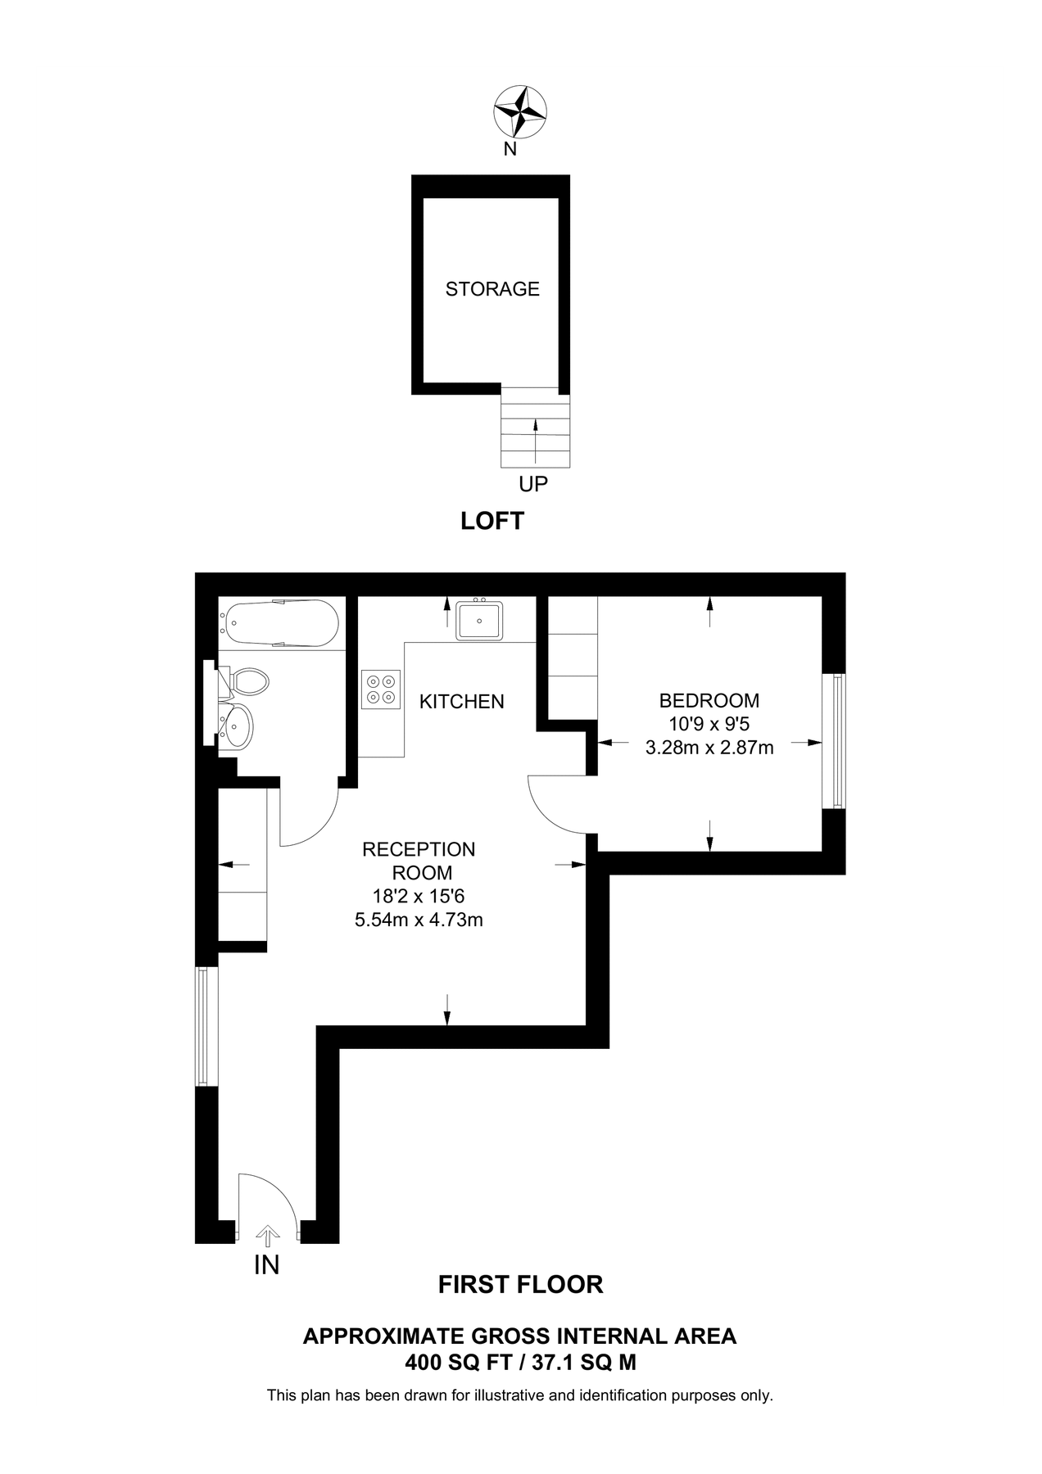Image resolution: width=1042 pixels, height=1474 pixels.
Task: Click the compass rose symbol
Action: [520, 111]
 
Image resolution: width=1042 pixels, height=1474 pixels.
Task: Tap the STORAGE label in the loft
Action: [492, 289]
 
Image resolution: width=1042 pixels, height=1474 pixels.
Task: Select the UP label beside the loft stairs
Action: [533, 484]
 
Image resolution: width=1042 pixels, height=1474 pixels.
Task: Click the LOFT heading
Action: [492, 521]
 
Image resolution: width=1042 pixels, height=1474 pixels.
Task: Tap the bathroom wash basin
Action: [238, 726]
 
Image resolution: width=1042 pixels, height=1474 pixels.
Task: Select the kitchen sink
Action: [480, 620]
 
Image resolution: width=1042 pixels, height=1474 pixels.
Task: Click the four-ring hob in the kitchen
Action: [381, 689]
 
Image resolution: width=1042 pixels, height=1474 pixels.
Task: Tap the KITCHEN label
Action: [462, 702]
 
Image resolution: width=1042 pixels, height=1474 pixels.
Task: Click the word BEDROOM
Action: [709, 701]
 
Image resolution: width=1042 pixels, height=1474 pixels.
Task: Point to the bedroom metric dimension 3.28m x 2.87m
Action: [709, 747]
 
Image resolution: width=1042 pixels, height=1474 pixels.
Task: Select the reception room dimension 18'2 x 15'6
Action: [419, 897]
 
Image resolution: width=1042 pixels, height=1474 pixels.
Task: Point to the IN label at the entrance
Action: [267, 1265]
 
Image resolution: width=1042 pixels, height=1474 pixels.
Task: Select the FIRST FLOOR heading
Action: [520, 1285]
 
